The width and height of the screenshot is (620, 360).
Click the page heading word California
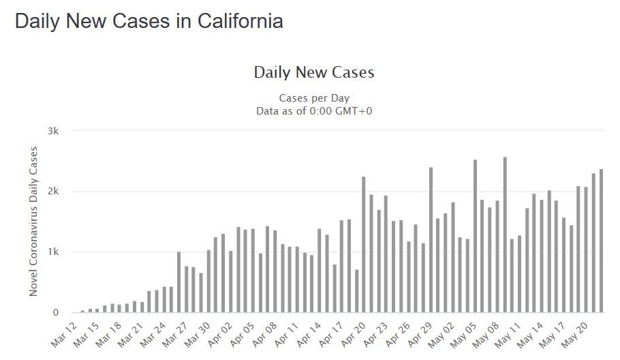240,21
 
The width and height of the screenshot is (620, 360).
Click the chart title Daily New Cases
314,72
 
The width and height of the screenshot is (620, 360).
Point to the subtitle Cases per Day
314,98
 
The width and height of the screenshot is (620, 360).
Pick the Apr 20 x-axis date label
359,333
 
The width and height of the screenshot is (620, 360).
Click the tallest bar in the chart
505,235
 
